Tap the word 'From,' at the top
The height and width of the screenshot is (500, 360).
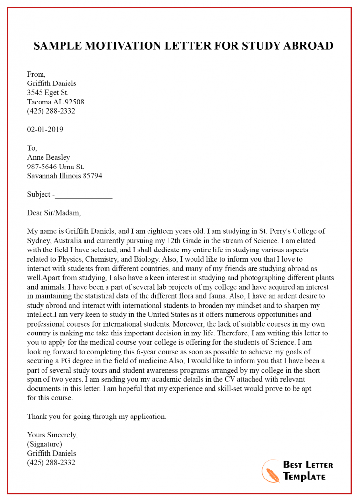point(37,74)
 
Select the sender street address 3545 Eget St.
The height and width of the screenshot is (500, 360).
point(48,93)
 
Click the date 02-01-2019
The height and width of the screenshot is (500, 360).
point(45,130)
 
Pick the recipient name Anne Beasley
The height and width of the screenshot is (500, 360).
point(48,157)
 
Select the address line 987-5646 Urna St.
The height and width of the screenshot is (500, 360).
point(56,167)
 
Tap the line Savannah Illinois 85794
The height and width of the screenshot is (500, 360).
point(64,176)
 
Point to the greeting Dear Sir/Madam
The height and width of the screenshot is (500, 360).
point(54,213)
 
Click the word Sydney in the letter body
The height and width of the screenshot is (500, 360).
point(39,241)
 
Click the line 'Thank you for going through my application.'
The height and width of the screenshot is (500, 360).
point(97,417)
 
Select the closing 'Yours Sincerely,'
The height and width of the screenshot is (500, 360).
point(52,435)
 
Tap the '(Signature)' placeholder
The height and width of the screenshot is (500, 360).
point(44,444)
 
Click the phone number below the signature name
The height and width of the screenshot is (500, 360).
point(51,462)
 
